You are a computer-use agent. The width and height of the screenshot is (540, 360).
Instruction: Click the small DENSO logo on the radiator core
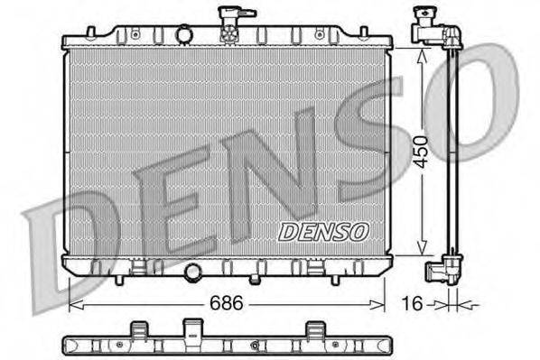point(323,232)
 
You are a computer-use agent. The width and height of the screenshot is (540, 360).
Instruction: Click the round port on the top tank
point(184,34)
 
